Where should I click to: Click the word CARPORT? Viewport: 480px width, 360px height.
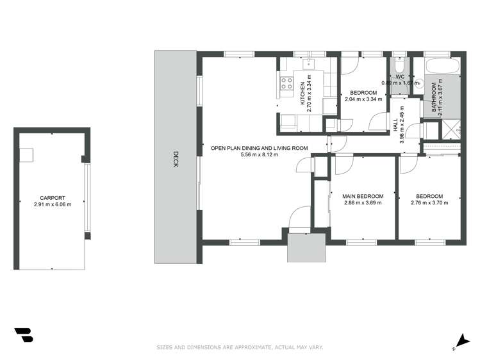52,198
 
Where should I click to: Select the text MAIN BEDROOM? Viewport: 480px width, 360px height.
363,196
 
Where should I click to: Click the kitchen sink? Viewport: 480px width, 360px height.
309,63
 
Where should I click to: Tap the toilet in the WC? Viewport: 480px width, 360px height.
398,67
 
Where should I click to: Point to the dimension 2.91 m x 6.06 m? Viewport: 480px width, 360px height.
52,205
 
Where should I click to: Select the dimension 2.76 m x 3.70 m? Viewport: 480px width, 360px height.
429,203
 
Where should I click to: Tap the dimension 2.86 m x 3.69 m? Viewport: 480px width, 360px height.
363,203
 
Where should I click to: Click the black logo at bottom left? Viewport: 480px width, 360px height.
23,336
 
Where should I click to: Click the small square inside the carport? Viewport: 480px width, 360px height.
26,155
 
